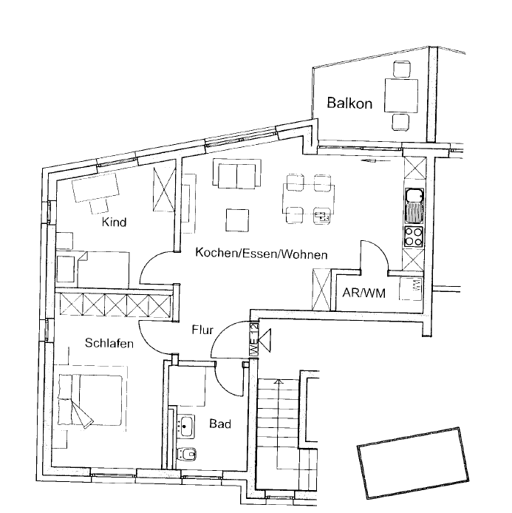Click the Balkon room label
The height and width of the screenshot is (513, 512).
349,103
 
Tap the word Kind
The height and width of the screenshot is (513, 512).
114,222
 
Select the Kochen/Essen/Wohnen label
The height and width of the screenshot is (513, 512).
262,254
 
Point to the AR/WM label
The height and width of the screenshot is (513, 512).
363,293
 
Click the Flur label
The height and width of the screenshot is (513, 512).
202,330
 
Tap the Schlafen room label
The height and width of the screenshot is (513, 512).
109,343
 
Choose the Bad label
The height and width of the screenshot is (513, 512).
220,424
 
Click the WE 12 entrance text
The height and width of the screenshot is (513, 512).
254,339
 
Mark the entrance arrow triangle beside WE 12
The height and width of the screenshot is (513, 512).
264,341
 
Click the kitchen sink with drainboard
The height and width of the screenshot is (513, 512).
414,205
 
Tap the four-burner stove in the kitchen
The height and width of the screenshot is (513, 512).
414,237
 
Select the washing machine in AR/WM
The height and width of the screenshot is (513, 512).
411,288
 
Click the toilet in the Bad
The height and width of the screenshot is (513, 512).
185,454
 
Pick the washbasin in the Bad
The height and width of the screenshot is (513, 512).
185,426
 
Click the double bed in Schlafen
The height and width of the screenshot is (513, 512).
90,400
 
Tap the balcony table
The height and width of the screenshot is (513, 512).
401,95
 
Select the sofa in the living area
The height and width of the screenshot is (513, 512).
237,174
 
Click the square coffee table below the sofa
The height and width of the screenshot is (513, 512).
237,220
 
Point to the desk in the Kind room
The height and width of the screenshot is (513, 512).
95,188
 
